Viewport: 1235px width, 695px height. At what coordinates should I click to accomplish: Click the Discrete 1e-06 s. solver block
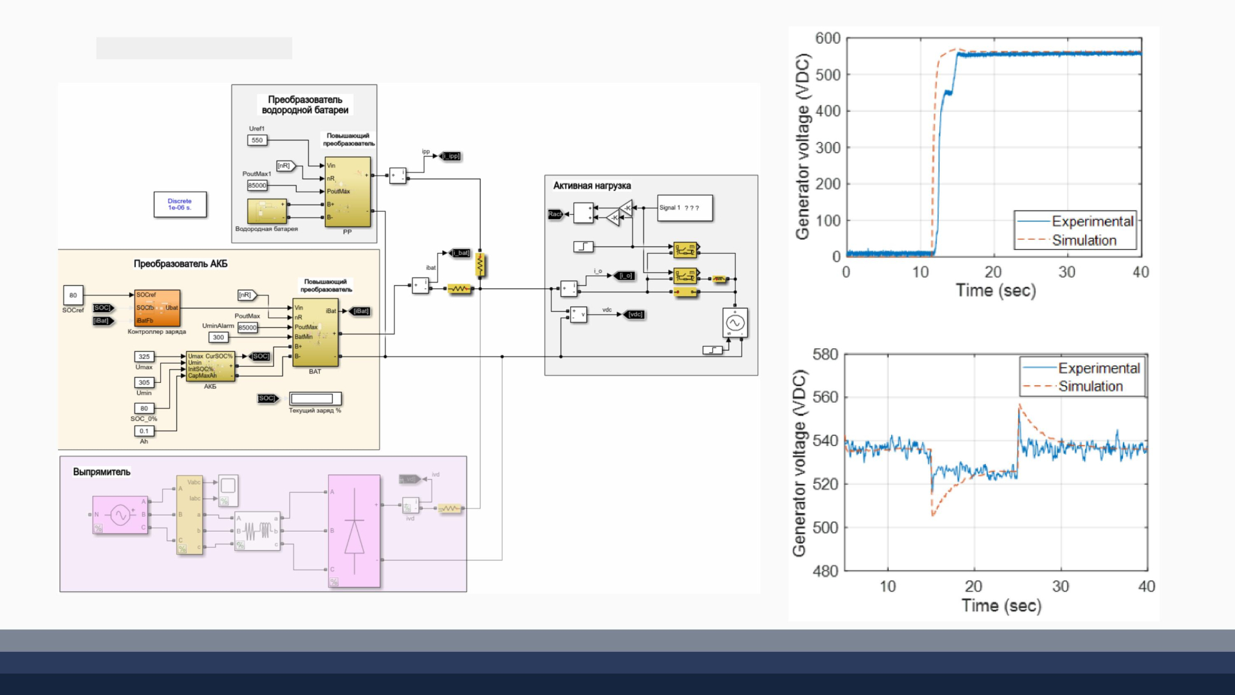[x=180, y=204]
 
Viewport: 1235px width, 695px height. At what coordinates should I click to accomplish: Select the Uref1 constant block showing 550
[x=257, y=140]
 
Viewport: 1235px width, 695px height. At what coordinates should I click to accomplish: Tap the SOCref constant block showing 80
[x=73, y=295]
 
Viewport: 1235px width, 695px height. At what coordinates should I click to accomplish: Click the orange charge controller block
[x=156, y=308]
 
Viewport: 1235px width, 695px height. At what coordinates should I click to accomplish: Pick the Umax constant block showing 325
[x=144, y=357]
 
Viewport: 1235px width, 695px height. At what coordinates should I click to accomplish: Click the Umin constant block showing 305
[x=144, y=382]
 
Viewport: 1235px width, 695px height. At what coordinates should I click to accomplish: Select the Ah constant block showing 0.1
[x=144, y=431]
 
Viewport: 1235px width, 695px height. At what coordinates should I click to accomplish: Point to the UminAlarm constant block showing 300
[x=218, y=337]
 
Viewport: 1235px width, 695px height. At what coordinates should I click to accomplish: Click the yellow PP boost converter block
[x=347, y=192]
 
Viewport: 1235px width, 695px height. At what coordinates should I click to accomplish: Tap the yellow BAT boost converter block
[x=315, y=332]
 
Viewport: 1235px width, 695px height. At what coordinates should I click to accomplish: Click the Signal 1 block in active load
[x=684, y=208]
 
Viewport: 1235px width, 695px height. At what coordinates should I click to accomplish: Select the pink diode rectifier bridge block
[x=354, y=530]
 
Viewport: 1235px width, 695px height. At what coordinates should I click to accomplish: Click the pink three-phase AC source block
[x=120, y=514]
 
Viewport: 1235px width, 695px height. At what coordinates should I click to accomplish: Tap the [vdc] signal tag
[x=635, y=315]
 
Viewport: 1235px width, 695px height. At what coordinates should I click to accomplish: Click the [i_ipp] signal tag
[x=451, y=156]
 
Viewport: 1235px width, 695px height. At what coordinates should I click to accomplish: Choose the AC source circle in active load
[x=735, y=323]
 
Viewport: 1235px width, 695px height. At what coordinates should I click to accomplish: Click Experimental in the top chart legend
[x=1092, y=221]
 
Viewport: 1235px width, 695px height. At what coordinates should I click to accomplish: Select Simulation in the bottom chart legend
[x=1090, y=386]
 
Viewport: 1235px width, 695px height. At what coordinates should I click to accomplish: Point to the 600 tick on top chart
[x=828, y=39]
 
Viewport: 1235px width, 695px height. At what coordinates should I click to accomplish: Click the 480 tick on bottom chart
[x=825, y=571]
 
